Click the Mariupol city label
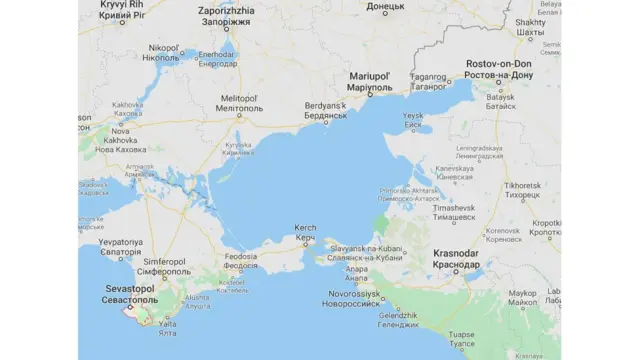(x=372, y=81)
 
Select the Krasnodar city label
(x=455, y=259)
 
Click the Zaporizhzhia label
(x=227, y=14)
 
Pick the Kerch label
(x=305, y=233)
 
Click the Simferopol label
(x=163, y=267)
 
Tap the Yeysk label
(x=413, y=120)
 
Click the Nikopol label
(x=163, y=52)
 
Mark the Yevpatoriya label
(x=120, y=247)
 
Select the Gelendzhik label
(x=398, y=320)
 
